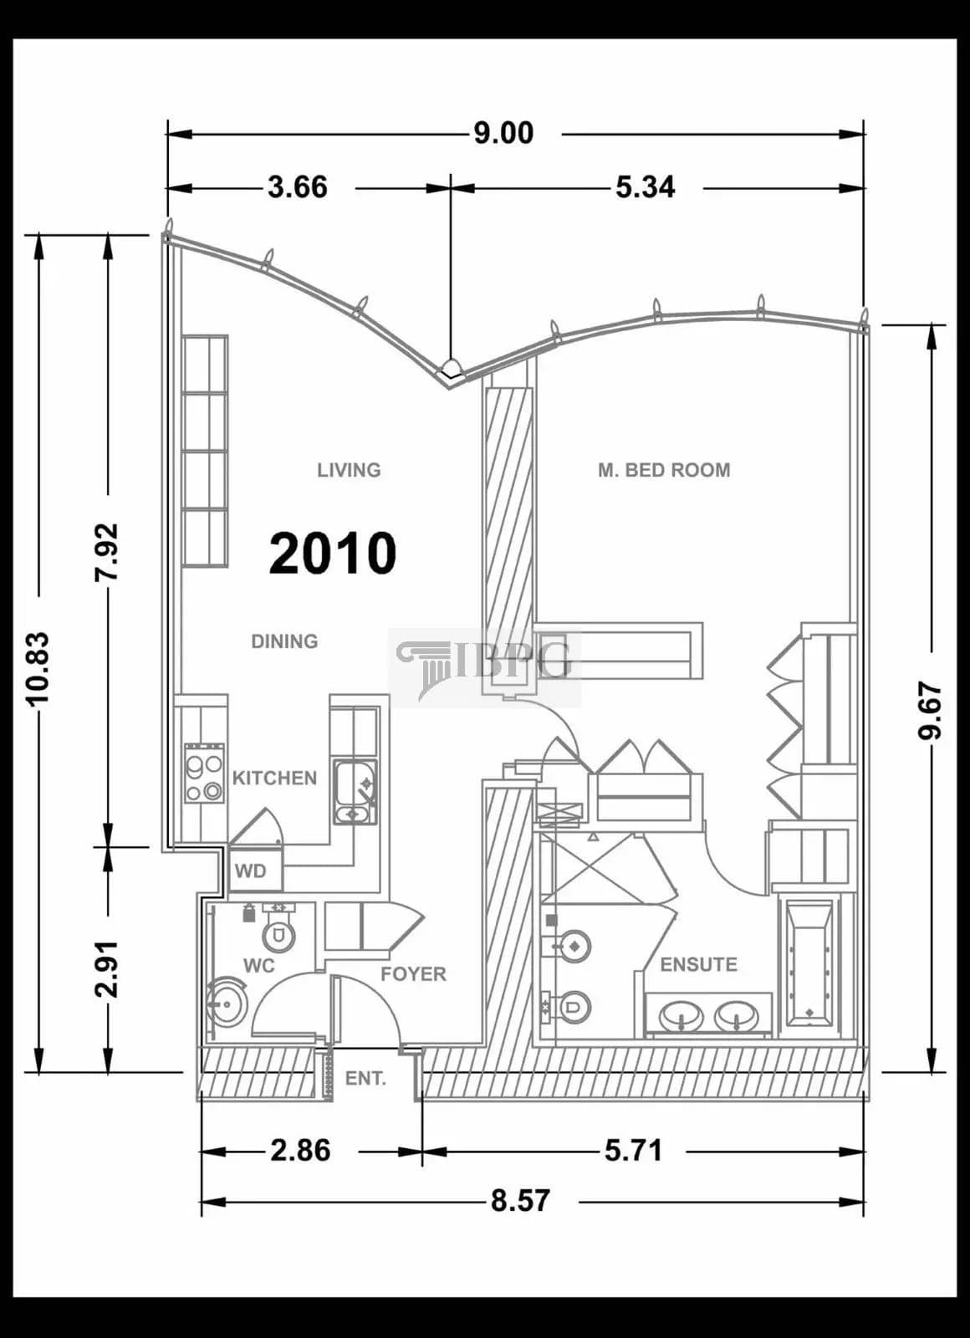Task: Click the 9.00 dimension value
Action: (x=503, y=133)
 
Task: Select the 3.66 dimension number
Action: (x=298, y=187)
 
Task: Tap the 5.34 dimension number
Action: (x=645, y=187)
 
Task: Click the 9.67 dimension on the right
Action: (x=930, y=712)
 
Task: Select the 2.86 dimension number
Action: (x=300, y=1151)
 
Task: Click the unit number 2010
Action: (x=333, y=554)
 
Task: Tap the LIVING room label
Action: (x=349, y=470)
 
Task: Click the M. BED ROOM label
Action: (x=664, y=470)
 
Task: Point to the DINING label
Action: (x=284, y=641)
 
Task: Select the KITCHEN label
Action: (x=274, y=779)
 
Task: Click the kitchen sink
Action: (x=355, y=792)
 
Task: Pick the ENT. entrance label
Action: (x=365, y=1079)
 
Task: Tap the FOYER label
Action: (x=413, y=974)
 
